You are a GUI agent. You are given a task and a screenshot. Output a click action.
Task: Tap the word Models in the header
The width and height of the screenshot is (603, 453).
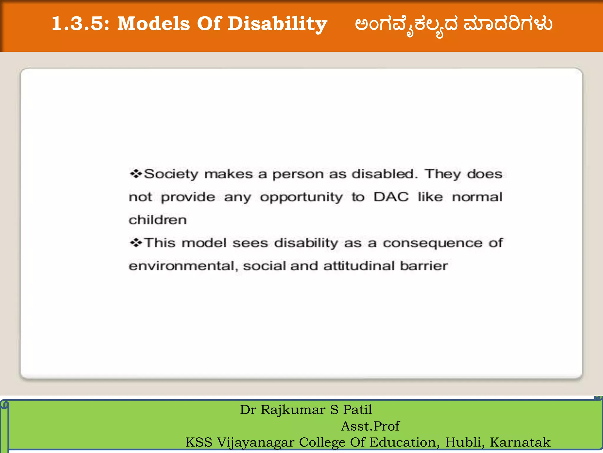tap(153, 24)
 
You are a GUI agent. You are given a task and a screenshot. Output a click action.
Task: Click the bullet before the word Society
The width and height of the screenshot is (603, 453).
tap(136, 174)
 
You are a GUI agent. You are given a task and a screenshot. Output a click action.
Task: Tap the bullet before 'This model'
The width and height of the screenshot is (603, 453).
tap(136, 243)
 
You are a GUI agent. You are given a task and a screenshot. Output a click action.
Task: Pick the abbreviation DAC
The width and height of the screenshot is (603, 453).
tap(391, 197)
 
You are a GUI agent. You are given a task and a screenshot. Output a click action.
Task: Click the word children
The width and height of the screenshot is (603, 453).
tap(158, 220)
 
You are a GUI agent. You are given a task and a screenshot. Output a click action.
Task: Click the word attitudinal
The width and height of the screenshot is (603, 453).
tap(359, 266)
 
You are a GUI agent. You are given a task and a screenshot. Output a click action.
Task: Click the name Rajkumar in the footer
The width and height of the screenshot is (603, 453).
tap(293, 410)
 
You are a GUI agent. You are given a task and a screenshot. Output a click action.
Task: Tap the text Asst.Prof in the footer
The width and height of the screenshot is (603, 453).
tap(370, 426)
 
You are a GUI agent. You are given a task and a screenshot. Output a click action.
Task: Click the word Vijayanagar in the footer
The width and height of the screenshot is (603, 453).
tap(256, 442)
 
